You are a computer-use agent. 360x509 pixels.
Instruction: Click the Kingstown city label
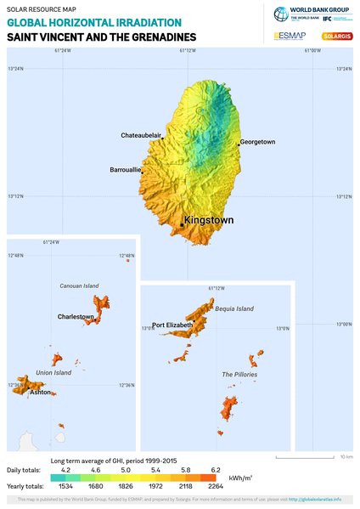point(208,220)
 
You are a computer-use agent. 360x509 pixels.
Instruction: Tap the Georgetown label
point(257,142)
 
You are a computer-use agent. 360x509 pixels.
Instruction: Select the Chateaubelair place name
point(141,136)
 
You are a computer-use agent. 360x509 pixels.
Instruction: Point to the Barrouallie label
point(126,170)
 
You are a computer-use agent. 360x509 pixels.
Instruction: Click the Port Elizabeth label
point(172,325)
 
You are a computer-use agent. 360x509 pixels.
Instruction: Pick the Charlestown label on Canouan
point(76,317)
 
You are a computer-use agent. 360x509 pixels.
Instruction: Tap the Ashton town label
point(40,393)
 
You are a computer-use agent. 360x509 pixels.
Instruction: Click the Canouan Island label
point(80,286)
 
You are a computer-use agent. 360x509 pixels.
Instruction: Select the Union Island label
point(53,372)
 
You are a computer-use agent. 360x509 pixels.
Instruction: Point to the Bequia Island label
point(234,309)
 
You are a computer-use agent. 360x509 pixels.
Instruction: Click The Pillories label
point(239,374)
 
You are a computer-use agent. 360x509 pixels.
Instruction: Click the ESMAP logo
point(290,36)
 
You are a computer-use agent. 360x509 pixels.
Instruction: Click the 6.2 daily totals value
point(216,470)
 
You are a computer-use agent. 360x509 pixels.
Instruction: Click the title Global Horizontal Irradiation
point(93,22)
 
